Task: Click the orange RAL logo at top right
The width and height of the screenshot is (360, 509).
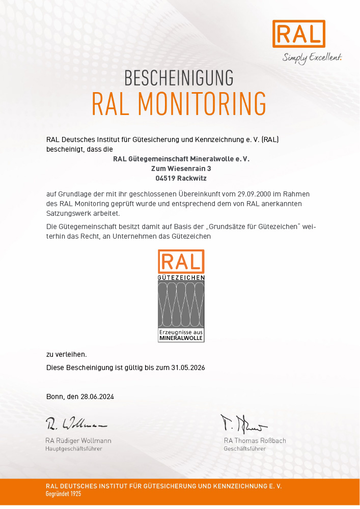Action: [299, 34]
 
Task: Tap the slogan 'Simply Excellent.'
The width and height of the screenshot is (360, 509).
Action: [312, 57]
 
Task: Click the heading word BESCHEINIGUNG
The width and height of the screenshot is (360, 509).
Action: [179, 78]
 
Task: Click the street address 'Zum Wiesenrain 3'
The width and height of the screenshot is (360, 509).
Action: [181, 168]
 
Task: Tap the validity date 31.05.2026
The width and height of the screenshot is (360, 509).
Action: [188, 367]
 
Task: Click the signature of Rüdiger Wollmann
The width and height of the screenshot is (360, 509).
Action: [76, 423]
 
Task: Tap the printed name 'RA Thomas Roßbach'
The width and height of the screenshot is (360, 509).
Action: [255, 441]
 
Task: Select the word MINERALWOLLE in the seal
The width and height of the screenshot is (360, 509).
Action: [181, 338]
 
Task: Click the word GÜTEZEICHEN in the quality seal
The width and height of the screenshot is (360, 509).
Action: [181, 278]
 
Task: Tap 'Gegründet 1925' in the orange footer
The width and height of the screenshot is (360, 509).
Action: [63, 494]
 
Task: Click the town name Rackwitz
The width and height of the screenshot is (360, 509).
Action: [190, 179]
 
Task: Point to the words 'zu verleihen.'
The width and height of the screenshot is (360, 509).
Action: [66, 354]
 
